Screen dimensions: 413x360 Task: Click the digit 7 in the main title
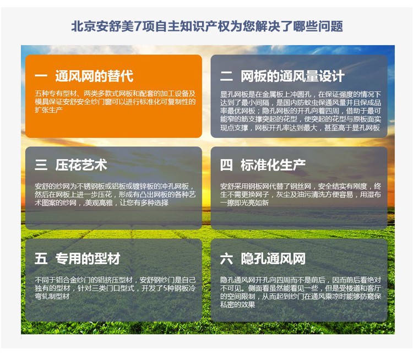coord(138,26)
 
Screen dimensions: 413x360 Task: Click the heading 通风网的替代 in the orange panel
coord(94,76)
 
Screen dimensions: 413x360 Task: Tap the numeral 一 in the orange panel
coord(41,76)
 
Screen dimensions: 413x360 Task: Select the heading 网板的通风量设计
coord(292,76)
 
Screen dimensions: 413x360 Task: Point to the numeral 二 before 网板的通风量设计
coord(226,76)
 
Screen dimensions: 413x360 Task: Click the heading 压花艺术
coord(81,165)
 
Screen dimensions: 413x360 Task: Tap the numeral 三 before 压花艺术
coord(41,165)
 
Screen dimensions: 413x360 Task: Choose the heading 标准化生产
coord(273,165)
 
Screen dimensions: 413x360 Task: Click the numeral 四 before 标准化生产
coord(226,165)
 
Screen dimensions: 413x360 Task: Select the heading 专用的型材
coord(88,258)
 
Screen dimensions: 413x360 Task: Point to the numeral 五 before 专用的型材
coord(41,258)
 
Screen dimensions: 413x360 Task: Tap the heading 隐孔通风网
coord(273,258)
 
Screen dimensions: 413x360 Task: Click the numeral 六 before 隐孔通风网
coord(226,258)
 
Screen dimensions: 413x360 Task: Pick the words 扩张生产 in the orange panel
coord(48,110)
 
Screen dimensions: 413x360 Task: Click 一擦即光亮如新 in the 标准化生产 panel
coord(244,203)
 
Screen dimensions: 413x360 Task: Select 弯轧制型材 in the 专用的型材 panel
coord(52,297)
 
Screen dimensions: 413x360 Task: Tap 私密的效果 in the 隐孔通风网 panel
coord(237,305)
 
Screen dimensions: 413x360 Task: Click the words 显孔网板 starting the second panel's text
coord(234,94)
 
